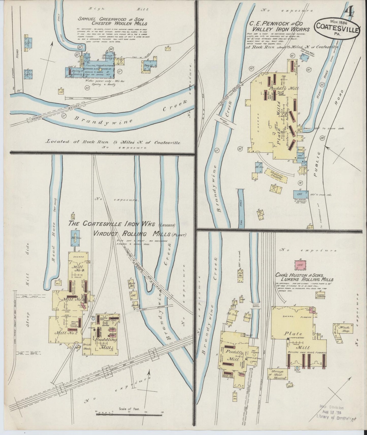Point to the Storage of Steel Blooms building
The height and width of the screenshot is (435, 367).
278,374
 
